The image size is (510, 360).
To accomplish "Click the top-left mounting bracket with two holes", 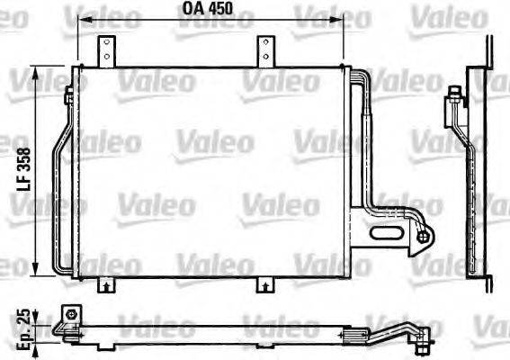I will tap(106, 50).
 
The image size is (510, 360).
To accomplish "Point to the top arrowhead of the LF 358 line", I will tap(35, 71).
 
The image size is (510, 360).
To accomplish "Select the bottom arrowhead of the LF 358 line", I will tap(35, 273).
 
